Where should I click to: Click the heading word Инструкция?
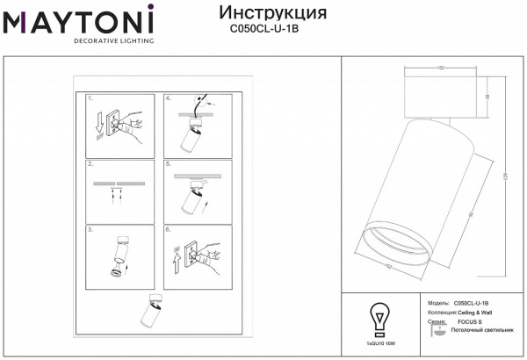(x=271, y=13)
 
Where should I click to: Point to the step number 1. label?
(x=91, y=99)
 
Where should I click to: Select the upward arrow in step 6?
(x=176, y=259)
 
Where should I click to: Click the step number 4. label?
(x=168, y=99)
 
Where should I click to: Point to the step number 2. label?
(x=91, y=164)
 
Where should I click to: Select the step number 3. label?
(x=91, y=229)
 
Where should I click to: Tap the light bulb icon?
(x=379, y=317)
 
